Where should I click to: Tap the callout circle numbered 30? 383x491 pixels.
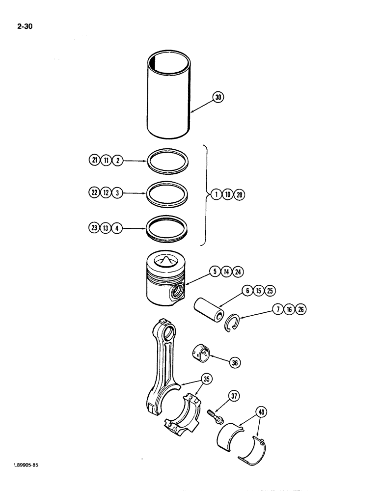point(218,98)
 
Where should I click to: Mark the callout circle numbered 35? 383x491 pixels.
point(207,379)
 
